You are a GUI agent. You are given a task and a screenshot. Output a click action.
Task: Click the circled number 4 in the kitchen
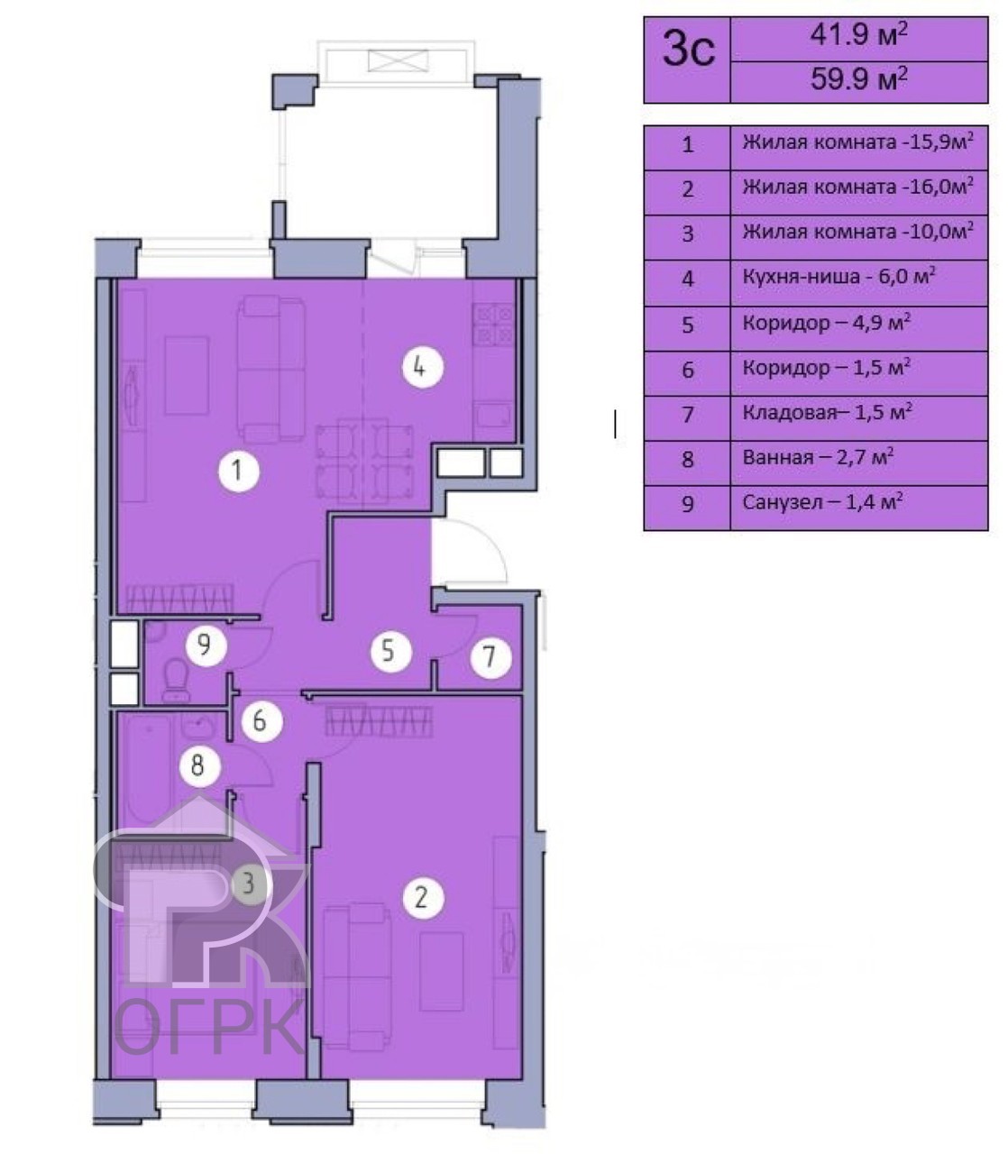(x=423, y=367)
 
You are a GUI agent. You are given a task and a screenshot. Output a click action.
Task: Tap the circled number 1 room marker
(x=239, y=471)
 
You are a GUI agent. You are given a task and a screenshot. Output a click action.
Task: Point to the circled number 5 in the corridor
(x=391, y=652)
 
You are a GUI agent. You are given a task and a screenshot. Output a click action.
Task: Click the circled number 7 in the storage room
(x=491, y=657)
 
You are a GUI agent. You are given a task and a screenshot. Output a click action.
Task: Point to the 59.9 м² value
(x=858, y=79)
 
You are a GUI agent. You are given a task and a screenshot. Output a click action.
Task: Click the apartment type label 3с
(x=688, y=50)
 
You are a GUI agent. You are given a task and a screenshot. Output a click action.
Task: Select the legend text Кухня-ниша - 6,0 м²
(x=839, y=277)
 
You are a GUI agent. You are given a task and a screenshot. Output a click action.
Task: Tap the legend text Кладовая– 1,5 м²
(x=827, y=412)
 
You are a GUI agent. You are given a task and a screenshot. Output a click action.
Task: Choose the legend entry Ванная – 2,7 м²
(x=818, y=457)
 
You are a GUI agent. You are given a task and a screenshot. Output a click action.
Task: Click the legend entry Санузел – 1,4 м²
(x=822, y=502)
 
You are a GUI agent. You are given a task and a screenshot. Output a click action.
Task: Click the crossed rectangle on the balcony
(x=399, y=61)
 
